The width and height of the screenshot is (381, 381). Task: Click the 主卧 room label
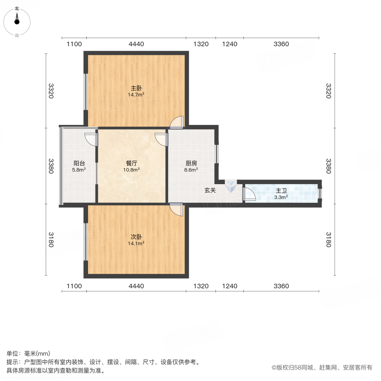point(136,88)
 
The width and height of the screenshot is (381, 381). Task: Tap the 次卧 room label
point(136,237)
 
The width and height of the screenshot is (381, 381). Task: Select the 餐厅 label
point(132,163)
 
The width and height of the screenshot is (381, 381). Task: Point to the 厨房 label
point(191,163)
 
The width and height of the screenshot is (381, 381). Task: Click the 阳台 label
point(79,163)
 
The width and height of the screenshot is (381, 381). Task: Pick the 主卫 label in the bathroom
point(281,191)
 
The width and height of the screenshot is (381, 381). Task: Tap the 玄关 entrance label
point(210,190)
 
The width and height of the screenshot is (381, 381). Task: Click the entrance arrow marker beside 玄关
point(231,186)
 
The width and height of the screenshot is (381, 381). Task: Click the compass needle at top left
point(17,19)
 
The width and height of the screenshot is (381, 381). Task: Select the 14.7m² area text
point(136,94)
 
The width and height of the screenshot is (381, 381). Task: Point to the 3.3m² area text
point(281,197)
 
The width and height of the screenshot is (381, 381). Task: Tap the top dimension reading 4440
point(136,44)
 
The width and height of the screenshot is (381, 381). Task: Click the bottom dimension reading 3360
point(281,286)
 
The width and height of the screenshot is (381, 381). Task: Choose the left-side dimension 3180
point(51,240)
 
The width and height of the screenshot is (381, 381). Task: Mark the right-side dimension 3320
point(328,91)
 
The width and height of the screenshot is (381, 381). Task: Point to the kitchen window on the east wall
point(216,154)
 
